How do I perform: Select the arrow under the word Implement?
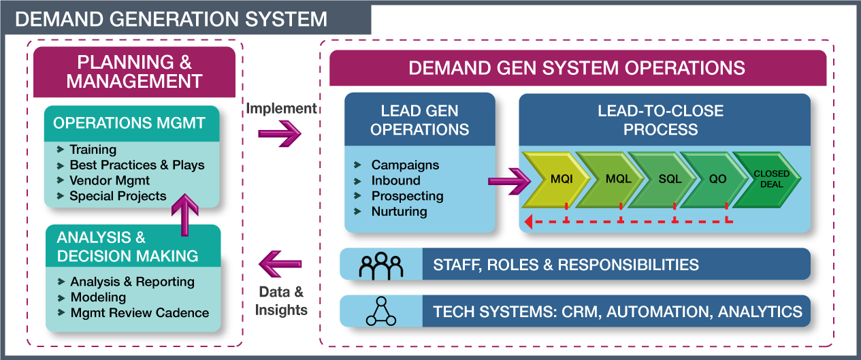[280, 133]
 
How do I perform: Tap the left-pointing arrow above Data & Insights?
[280, 263]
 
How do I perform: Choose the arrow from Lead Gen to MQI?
[509, 181]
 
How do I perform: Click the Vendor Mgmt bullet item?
[110, 180]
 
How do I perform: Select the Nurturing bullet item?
[399, 212]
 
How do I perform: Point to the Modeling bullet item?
[98, 297]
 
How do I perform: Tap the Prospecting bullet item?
[407, 196]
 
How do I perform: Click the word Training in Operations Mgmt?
[93, 149]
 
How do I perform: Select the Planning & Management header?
[134, 71]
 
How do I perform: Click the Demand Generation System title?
[171, 18]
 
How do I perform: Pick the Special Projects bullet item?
[118, 196]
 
